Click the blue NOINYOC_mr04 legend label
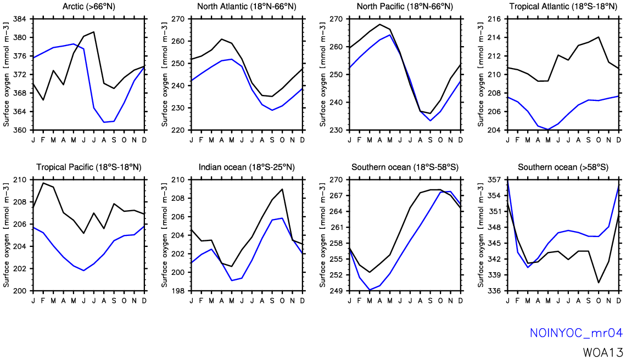pos(575,333)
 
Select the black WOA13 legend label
pos(603,352)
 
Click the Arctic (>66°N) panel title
pos(88,7)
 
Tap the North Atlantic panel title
pos(247,7)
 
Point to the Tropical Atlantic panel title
pos(563,7)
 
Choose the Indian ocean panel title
pos(247,167)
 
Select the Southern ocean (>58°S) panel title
pos(563,167)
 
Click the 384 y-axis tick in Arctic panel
pos(20,19)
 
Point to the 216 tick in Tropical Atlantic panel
pos(494,19)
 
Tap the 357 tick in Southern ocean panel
pos(494,179)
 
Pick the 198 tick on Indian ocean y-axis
pos(178,290)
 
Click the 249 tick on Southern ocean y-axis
pos(336,290)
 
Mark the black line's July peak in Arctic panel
pos(94,32)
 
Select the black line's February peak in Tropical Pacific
pos(43,183)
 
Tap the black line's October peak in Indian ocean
pos(282,189)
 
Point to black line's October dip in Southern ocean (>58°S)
pos(599,283)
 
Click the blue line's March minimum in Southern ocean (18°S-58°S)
pos(370,290)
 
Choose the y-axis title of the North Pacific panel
pos(322,74)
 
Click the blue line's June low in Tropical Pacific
pos(83,271)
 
